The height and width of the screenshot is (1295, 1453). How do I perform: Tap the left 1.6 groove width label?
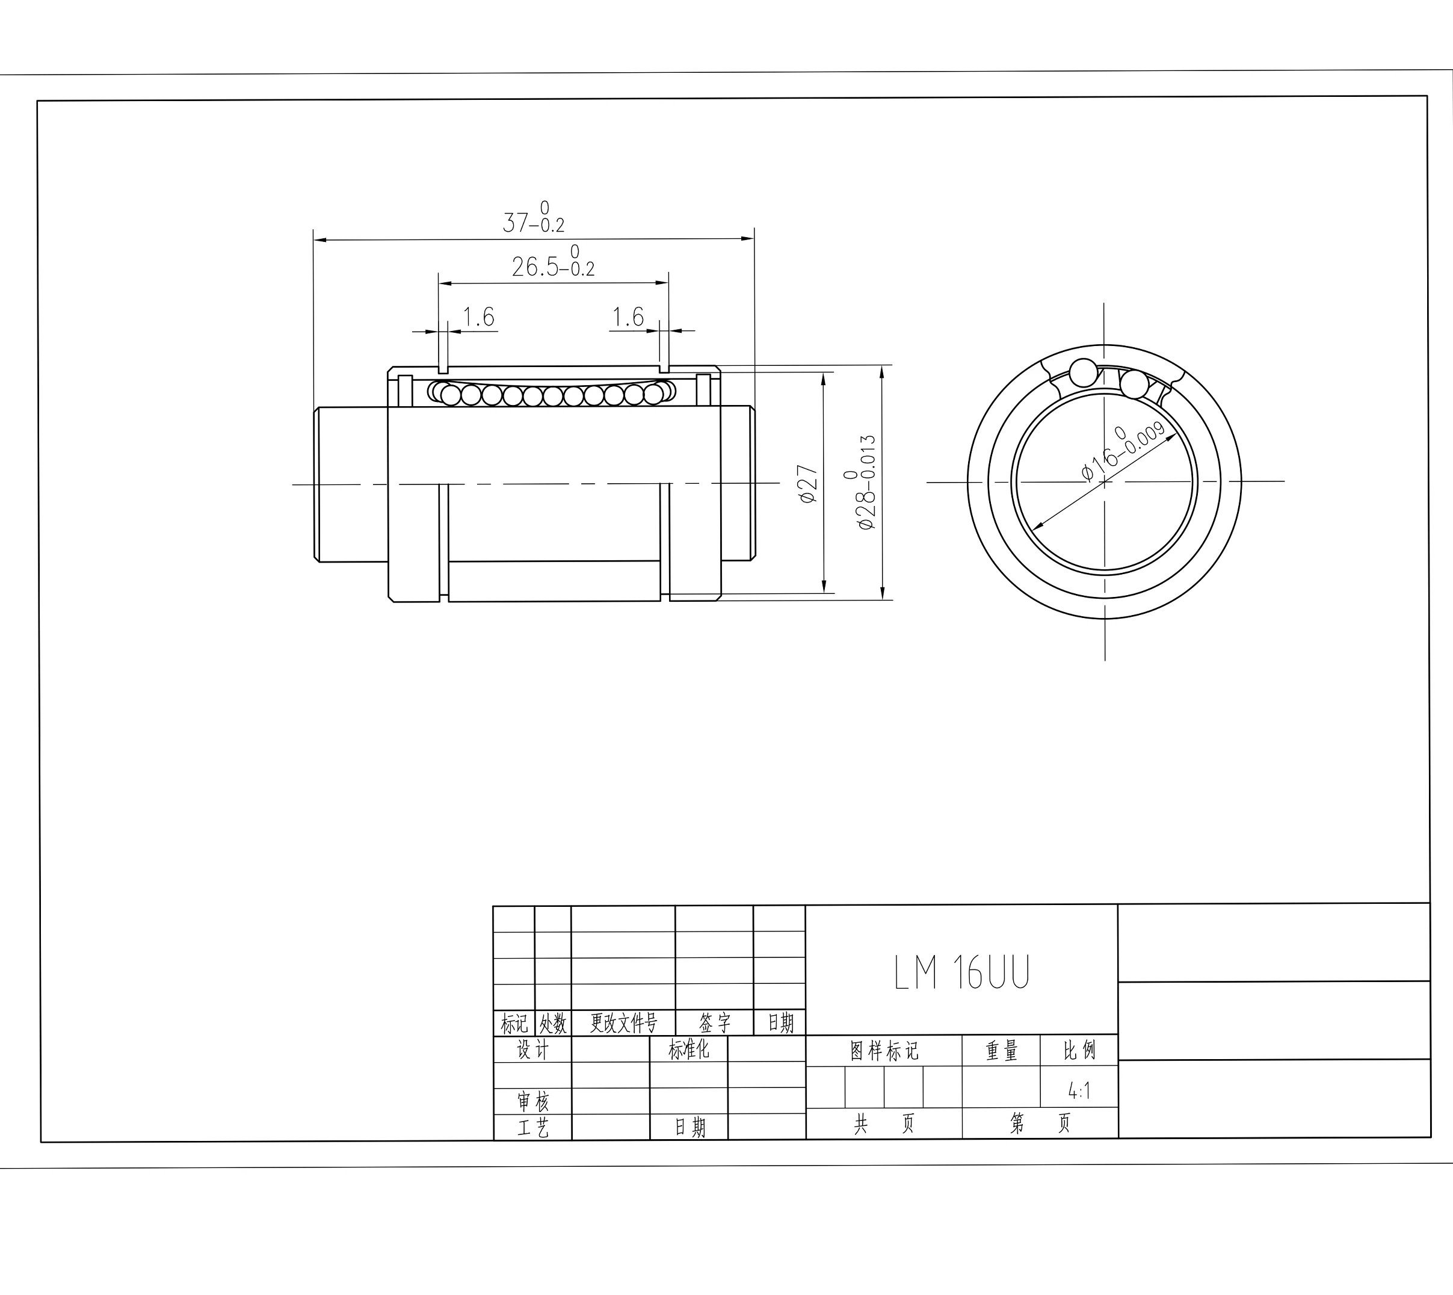[478, 317]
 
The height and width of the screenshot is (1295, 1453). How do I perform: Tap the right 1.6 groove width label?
[628, 317]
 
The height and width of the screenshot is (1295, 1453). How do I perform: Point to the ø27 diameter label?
[809, 484]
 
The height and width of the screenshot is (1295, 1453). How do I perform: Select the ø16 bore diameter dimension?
[1123, 451]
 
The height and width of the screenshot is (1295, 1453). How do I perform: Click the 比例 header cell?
[1079, 1051]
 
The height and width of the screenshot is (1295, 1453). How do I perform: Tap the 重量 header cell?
[1001, 1051]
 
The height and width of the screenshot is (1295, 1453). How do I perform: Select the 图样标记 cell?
[884, 1051]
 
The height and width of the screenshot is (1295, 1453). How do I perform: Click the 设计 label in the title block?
[533, 1049]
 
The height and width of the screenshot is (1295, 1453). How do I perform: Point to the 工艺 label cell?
[533, 1128]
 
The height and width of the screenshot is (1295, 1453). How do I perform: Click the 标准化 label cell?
[689, 1049]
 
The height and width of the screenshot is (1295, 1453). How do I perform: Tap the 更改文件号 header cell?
[623, 1024]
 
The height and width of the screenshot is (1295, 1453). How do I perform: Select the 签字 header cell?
[714, 1024]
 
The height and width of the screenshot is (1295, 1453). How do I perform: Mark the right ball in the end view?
[1134, 385]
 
